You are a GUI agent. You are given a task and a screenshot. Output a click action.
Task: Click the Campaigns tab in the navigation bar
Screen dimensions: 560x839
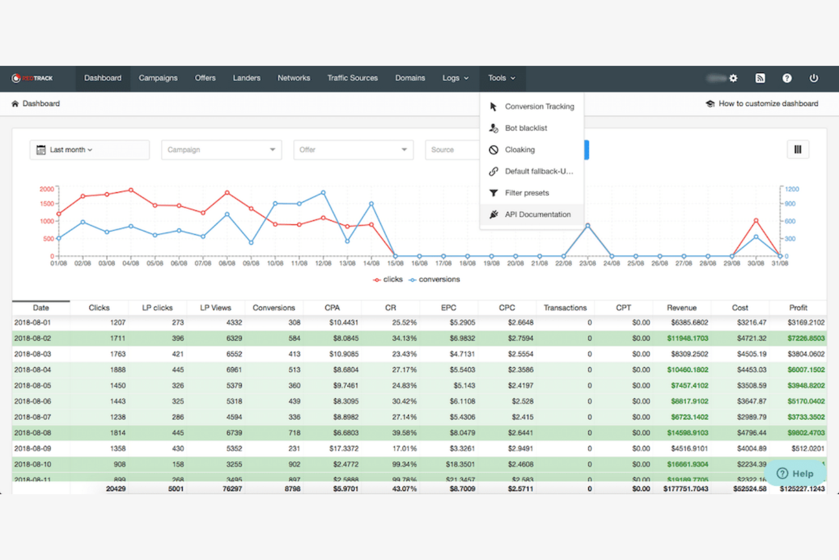[x=158, y=78]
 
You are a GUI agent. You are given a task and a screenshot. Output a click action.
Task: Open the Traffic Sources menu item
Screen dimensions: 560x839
[x=352, y=78]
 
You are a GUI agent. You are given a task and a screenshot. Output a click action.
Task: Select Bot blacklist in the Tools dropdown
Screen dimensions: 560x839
[x=526, y=128]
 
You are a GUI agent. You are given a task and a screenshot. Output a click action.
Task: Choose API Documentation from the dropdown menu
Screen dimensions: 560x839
[x=537, y=214]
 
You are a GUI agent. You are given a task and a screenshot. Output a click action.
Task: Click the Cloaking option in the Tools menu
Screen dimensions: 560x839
[x=519, y=150]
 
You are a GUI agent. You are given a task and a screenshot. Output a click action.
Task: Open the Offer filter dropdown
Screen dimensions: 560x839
[x=353, y=150]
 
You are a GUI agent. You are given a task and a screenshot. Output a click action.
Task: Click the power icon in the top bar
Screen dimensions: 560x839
[x=813, y=78]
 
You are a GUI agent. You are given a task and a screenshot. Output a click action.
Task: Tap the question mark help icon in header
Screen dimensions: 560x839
[x=787, y=78]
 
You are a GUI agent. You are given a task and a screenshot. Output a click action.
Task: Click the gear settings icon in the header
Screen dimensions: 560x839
[x=733, y=78]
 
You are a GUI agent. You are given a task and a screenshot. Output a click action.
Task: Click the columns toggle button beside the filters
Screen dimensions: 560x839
[x=798, y=150]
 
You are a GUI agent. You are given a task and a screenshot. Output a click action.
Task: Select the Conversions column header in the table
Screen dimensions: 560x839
[x=274, y=308]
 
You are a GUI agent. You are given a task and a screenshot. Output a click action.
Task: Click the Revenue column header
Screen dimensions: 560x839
[x=681, y=308]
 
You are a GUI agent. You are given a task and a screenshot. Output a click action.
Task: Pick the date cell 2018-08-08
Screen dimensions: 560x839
[x=33, y=433]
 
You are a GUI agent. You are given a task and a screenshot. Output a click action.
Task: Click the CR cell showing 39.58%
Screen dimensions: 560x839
[x=404, y=433]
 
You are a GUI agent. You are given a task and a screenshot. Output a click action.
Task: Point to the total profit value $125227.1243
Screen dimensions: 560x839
[x=802, y=489]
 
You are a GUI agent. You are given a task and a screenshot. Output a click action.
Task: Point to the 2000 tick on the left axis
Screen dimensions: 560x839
[x=46, y=189]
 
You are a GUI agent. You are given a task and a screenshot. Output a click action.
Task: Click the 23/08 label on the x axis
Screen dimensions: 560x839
[x=587, y=263]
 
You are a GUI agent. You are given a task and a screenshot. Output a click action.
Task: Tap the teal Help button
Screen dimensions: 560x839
[x=795, y=473]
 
